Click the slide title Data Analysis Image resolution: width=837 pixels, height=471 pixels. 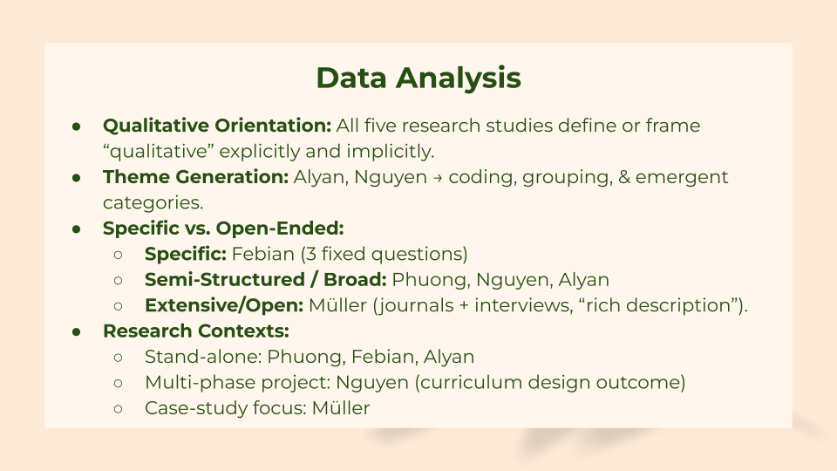coord(418,78)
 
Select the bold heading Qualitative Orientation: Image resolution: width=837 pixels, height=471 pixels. coord(217,126)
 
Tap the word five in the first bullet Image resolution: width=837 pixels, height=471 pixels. coord(380,126)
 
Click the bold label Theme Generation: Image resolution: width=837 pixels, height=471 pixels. coord(196,177)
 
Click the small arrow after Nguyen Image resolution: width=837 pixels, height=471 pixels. coord(438,178)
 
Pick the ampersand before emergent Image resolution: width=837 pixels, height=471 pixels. coord(624,177)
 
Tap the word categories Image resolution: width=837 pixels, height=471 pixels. coord(153,203)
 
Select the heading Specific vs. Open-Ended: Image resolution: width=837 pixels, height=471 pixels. coord(223,229)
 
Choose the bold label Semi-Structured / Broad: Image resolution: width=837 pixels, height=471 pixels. coord(265,280)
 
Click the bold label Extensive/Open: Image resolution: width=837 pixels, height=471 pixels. coord(224,305)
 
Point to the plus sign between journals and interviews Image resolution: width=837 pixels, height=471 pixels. coord(464,306)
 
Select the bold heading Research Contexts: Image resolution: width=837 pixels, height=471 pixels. coord(196,331)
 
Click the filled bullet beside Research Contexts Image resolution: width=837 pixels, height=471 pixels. coord(77,332)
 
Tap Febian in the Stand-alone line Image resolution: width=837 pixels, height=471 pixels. coord(384,357)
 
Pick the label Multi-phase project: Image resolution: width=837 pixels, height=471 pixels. coord(238,383)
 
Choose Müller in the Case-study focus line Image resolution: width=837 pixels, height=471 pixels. coord(341,408)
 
